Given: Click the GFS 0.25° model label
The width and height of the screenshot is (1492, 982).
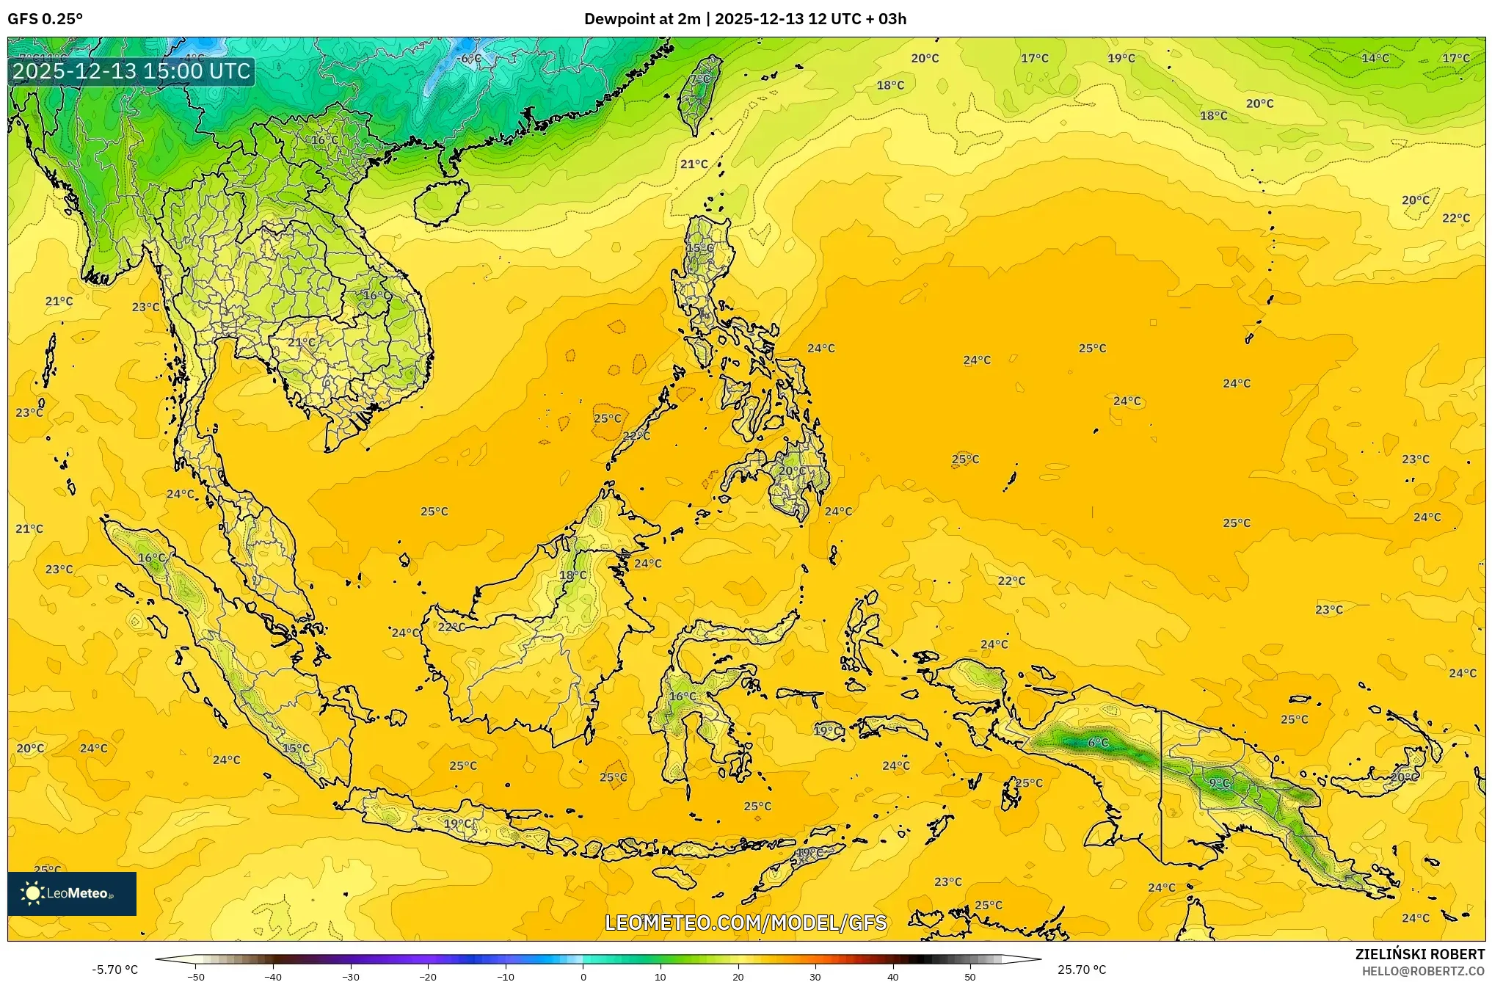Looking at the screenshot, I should coord(45,19).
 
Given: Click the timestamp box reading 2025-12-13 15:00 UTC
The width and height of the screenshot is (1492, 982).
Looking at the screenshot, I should coord(131,71).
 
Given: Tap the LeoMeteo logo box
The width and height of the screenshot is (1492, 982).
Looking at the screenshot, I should coord(71,893).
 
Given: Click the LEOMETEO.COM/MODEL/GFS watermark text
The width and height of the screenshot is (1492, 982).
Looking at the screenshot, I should coord(745,923).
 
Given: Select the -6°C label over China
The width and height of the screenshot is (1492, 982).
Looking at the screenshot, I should coord(469,59).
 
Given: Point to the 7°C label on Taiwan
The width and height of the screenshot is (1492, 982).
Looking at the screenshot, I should coord(699,79).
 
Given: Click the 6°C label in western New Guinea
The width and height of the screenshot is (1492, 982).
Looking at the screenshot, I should coord(1098,743).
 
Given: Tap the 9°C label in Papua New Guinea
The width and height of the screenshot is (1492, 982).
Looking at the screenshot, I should coord(1219,783).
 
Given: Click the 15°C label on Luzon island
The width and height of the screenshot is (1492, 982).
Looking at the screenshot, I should coord(699,248).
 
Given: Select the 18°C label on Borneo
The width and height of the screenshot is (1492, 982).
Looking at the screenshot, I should coord(572,575).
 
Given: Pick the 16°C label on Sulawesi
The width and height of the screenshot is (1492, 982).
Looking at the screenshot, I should coord(683,696).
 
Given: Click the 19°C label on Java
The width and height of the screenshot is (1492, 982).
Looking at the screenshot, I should coord(457,823).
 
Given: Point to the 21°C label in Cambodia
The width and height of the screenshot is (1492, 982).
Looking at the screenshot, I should coord(301,342).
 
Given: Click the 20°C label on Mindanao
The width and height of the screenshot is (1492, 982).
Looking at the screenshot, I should coord(791,470).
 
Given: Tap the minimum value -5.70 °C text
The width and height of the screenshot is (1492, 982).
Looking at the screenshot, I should coord(114,970).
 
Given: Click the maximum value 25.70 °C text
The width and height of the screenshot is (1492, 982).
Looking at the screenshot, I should coord(1081,970).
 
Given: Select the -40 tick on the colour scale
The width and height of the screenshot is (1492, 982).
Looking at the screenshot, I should coord(273,977).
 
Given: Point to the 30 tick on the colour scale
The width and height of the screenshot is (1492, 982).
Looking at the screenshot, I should coord(815,977).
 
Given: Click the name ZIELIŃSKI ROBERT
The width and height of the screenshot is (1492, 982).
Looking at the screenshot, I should coord(1419,954).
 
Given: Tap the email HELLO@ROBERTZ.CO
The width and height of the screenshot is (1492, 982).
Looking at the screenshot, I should coord(1423,971).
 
